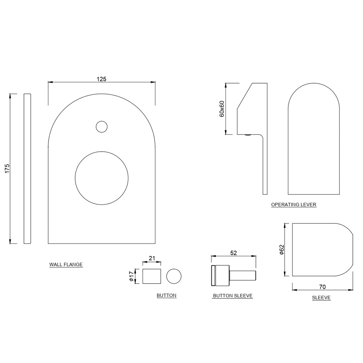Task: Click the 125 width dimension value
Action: (102, 79)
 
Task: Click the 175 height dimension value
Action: (7, 168)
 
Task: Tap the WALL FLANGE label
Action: (66, 265)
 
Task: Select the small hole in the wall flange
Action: (102, 126)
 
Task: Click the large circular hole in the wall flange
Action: (102, 178)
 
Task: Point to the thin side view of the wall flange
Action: (27, 169)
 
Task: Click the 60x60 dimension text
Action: (222, 109)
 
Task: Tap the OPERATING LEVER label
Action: (294, 205)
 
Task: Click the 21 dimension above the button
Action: (152, 258)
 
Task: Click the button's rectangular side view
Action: (152, 276)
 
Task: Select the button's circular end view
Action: (174, 276)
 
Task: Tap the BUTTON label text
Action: (167, 295)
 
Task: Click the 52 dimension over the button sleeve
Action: (233, 253)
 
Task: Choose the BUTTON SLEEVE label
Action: (233, 296)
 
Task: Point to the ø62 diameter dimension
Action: (282, 250)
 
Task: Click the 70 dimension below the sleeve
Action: (322, 287)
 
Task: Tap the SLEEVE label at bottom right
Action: (321, 298)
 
